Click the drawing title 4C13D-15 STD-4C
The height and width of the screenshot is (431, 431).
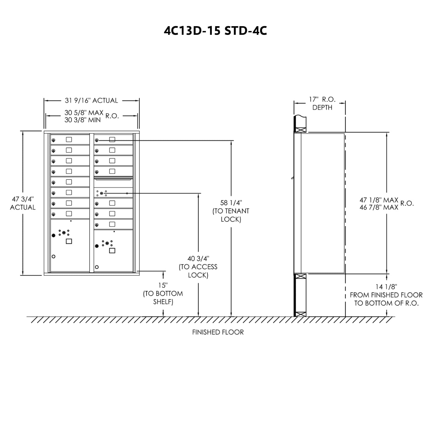215,31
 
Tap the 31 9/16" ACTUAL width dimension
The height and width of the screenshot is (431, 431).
91,100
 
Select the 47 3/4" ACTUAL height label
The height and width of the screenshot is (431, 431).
22,203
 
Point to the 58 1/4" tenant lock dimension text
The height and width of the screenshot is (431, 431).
231,211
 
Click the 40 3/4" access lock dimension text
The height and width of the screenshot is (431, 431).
198,267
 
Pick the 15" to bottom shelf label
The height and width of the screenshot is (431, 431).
163,293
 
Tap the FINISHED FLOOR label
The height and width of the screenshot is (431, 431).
218,332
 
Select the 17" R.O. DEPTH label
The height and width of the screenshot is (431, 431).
322,103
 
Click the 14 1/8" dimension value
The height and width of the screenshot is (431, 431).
386,287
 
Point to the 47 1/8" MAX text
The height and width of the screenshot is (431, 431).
379,200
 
